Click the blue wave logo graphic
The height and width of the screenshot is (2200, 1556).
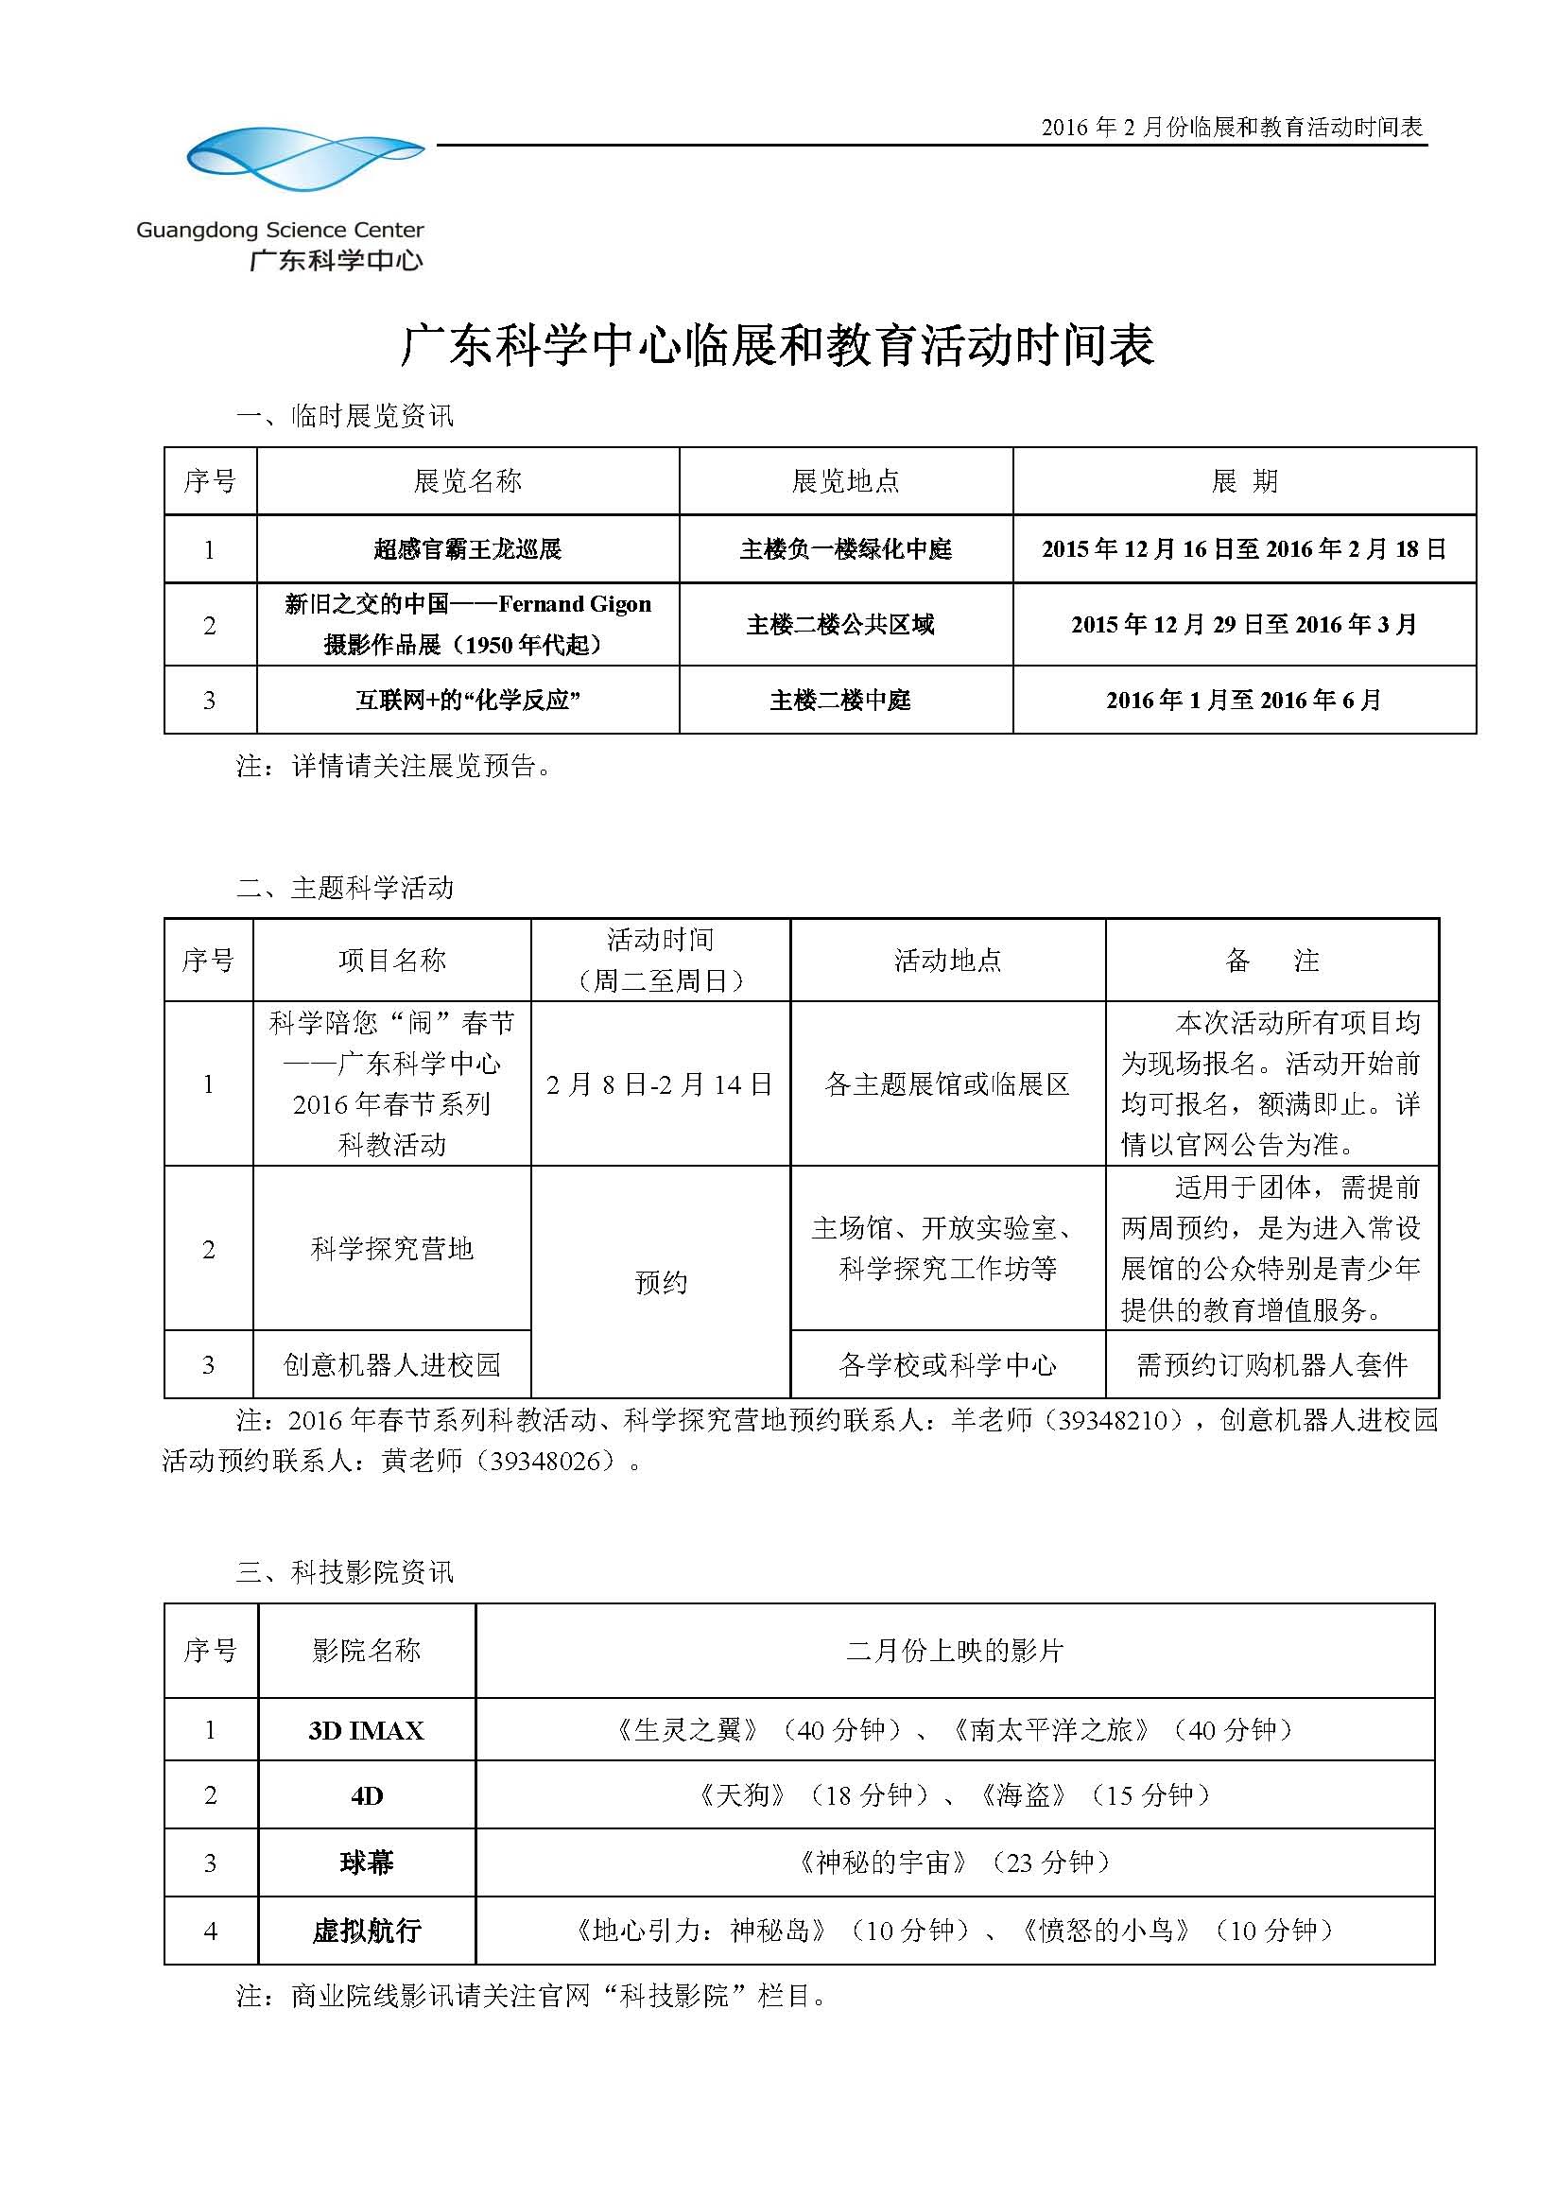click(x=305, y=158)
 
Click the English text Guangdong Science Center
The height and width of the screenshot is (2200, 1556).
click(x=280, y=230)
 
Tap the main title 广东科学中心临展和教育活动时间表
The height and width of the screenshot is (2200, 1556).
click(x=777, y=346)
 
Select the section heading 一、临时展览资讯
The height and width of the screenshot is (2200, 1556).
click(x=345, y=416)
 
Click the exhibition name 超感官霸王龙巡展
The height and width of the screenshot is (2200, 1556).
click(x=468, y=549)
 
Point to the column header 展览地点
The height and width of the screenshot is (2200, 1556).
click(x=845, y=481)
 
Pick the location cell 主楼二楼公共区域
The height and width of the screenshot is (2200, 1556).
click(x=840, y=625)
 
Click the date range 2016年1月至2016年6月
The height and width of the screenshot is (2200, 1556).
click(x=1244, y=701)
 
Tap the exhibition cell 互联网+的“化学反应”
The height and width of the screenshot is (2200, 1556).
click(x=468, y=701)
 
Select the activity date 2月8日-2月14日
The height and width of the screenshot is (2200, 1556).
click(x=659, y=1083)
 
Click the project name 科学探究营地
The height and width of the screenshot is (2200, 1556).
click(x=392, y=1248)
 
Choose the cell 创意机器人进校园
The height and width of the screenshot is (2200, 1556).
click(x=392, y=1364)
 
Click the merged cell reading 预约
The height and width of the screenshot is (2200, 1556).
click(x=660, y=1282)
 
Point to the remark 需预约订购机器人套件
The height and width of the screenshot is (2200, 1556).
click(x=1271, y=1364)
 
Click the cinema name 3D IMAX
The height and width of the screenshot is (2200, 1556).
click(x=366, y=1730)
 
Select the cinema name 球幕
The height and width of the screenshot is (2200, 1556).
click(x=366, y=1862)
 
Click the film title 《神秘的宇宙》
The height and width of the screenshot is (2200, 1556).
click(x=882, y=1862)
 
